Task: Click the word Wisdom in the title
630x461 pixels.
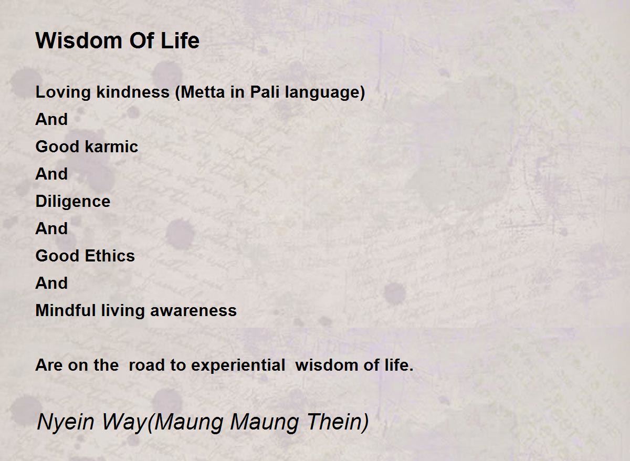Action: click(x=79, y=40)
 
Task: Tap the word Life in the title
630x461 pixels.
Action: click(x=180, y=40)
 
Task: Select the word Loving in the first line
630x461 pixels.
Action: click(x=63, y=93)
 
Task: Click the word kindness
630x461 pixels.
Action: click(x=133, y=92)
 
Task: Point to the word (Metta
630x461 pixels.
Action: click(x=200, y=92)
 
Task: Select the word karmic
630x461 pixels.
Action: click(x=112, y=146)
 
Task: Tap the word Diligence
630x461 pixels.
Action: click(x=73, y=202)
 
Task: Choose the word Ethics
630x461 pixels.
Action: click(x=110, y=256)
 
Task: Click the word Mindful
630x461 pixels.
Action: click(x=66, y=310)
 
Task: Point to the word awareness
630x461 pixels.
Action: click(x=193, y=311)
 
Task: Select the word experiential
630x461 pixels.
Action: click(x=238, y=365)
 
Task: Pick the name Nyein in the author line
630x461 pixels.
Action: click(x=65, y=422)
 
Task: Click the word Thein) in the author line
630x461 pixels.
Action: click(x=338, y=422)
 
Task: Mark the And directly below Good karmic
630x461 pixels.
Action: click(x=51, y=174)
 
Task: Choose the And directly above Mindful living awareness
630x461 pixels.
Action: click(x=51, y=282)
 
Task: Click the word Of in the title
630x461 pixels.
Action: click(x=141, y=40)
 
